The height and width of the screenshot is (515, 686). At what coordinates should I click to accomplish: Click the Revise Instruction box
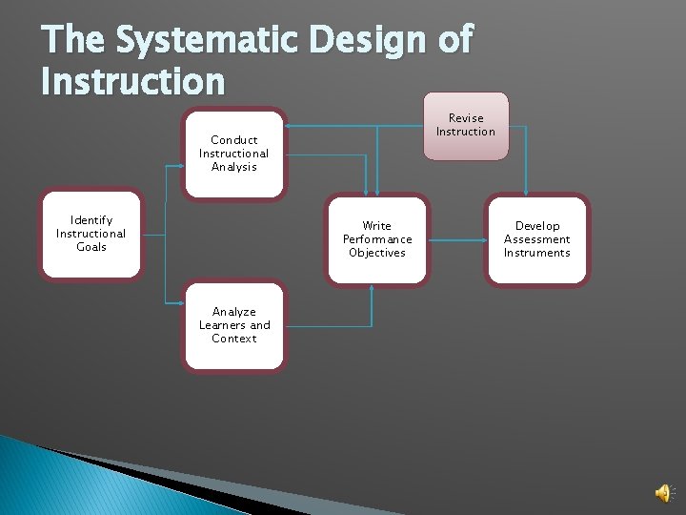466,125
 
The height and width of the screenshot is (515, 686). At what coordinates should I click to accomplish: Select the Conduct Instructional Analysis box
234,154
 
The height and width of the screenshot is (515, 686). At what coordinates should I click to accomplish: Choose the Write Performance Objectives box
377,239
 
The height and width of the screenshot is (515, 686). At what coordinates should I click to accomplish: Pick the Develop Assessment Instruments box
537,239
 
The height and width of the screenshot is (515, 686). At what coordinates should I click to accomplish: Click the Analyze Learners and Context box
234,325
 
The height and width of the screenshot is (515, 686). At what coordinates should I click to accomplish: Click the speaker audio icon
663,492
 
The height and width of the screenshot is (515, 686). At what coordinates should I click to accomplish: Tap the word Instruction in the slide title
132,81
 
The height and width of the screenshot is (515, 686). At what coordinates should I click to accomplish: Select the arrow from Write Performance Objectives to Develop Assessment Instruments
456,240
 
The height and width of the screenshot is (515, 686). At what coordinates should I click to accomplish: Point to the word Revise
466,118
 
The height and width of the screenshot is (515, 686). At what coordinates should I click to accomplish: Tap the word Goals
91,247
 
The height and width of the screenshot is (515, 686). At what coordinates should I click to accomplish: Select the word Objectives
377,253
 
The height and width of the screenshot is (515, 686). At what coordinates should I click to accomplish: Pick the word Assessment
537,239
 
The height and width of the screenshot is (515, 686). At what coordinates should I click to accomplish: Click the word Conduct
234,140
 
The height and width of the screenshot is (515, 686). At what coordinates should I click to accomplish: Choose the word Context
234,339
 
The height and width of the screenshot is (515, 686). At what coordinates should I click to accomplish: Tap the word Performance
377,239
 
